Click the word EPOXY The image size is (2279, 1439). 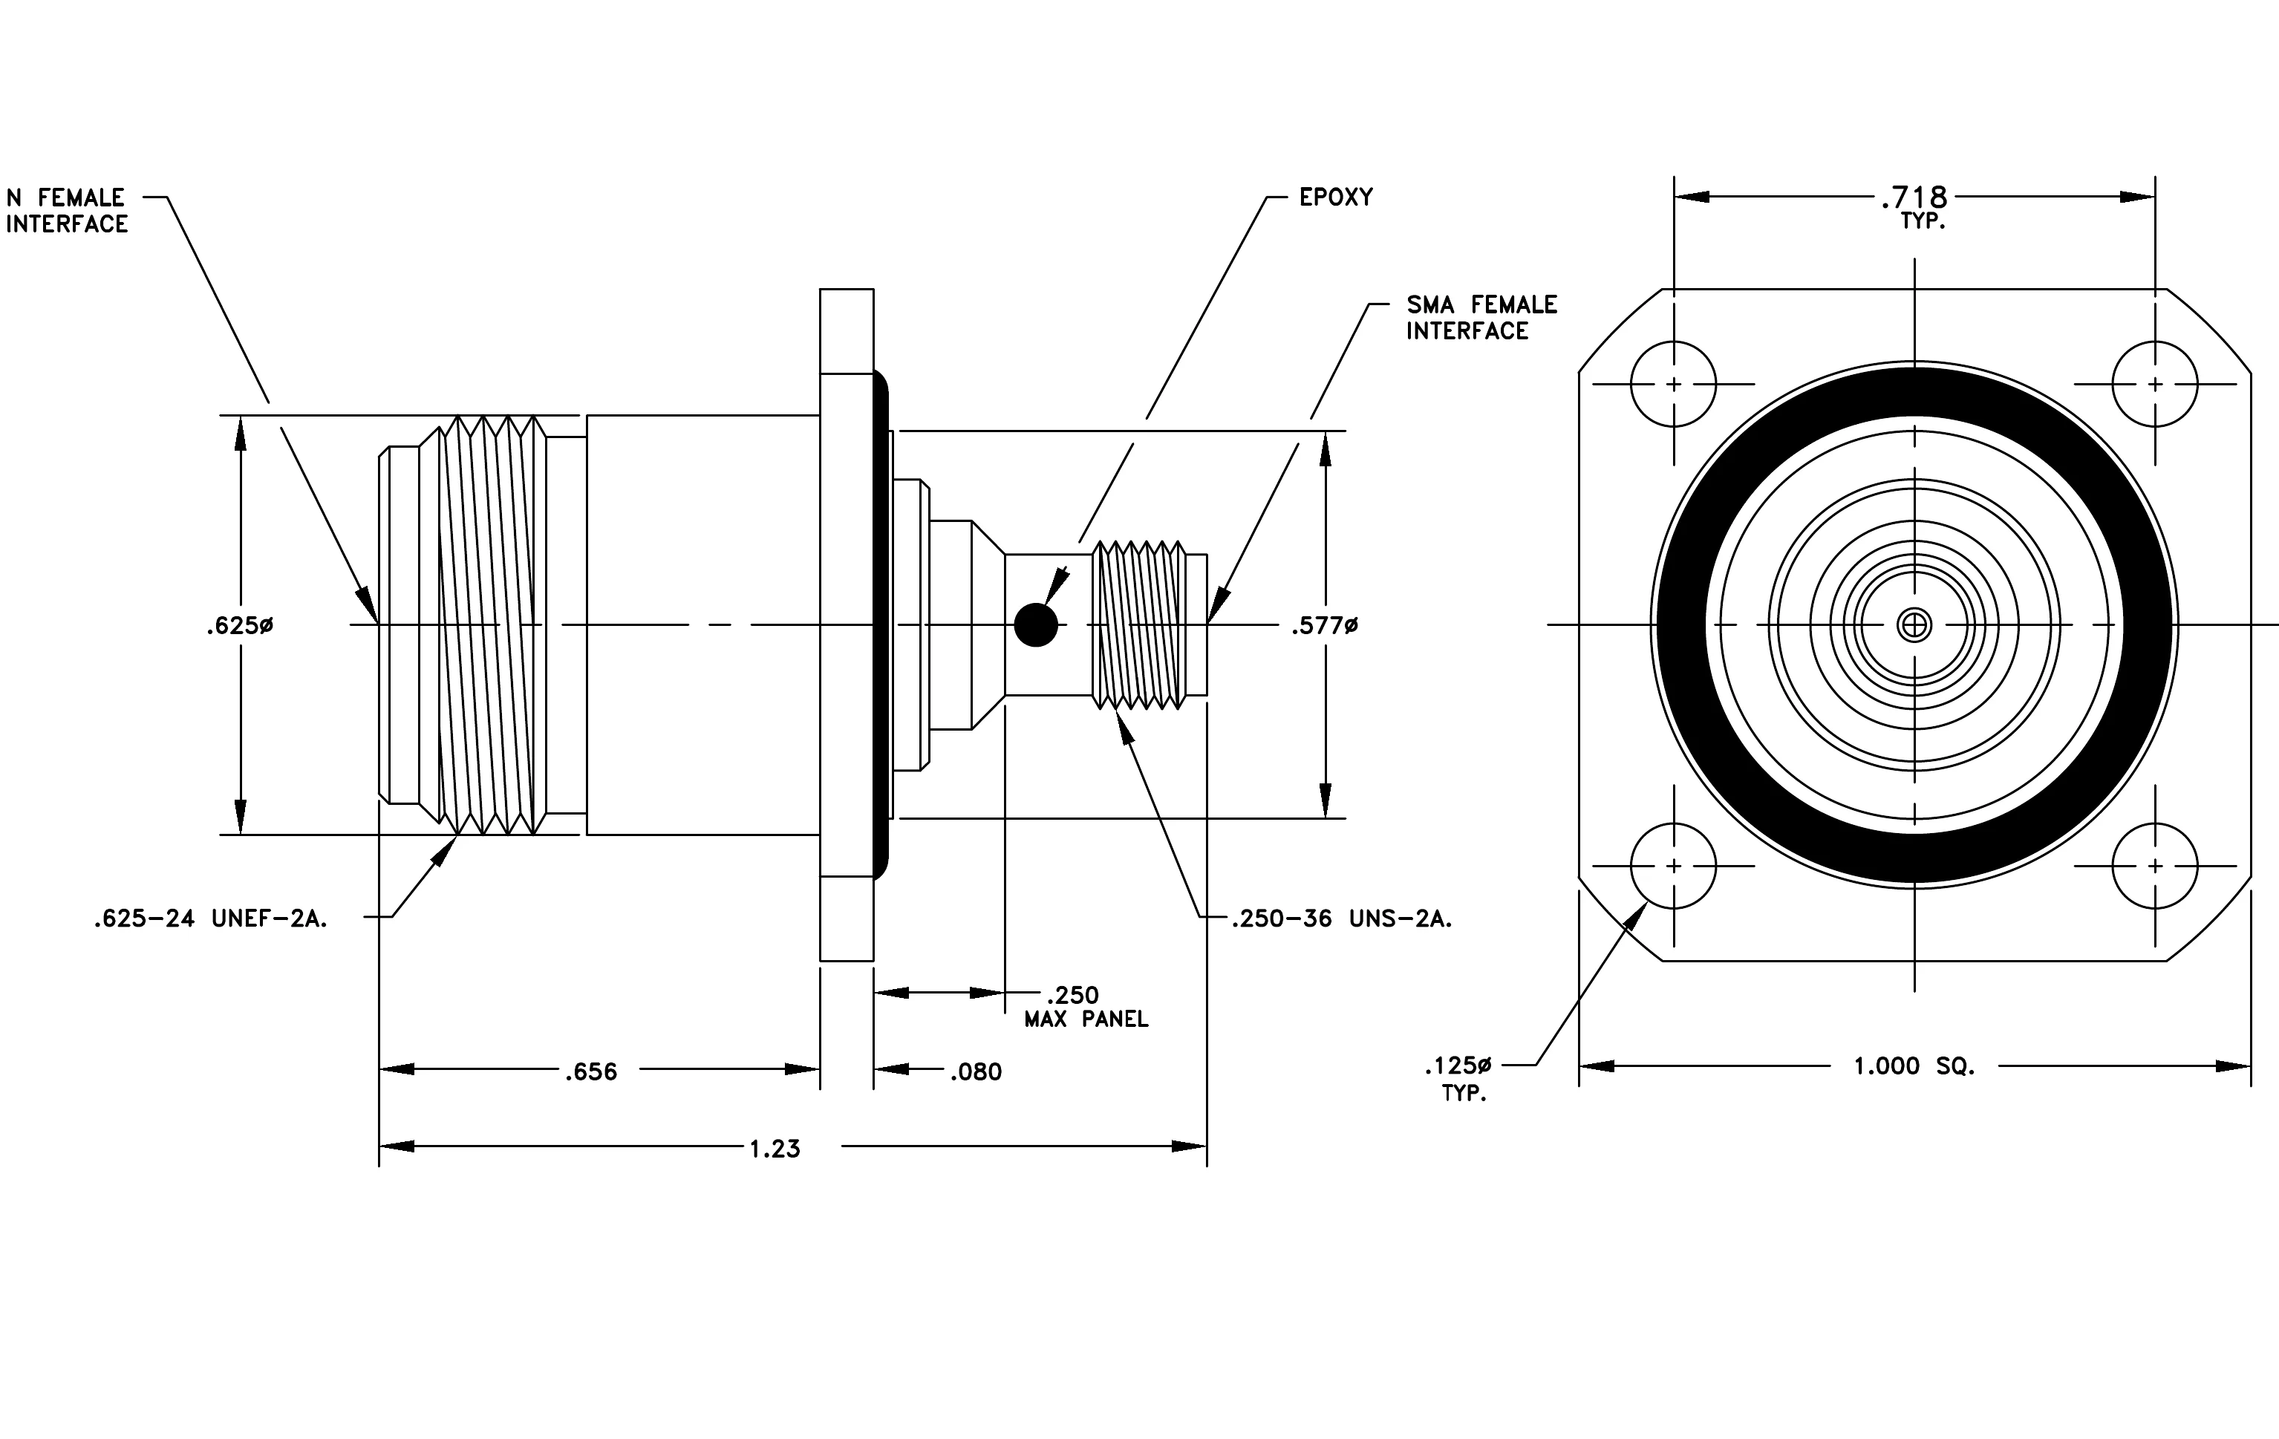(x=1335, y=197)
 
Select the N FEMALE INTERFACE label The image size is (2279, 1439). (x=66, y=211)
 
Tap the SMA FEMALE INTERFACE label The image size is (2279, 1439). (x=1481, y=318)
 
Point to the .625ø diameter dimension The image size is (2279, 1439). (x=239, y=625)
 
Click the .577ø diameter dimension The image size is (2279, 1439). (x=1324, y=625)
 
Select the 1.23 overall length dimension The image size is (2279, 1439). (x=775, y=1149)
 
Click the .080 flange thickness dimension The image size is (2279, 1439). (x=976, y=1072)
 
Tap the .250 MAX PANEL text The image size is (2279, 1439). (x=1086, y=1007)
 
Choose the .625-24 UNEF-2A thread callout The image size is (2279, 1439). (x=210, y=918)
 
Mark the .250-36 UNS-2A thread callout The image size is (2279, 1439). (x=1341, y=918)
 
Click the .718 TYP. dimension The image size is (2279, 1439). (x=1914, y=207)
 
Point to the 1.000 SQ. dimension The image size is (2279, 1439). (x=1914, y=1066)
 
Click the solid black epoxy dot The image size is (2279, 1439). (x=1035, y=624)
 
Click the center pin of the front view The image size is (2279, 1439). (x=1914, y=624)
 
